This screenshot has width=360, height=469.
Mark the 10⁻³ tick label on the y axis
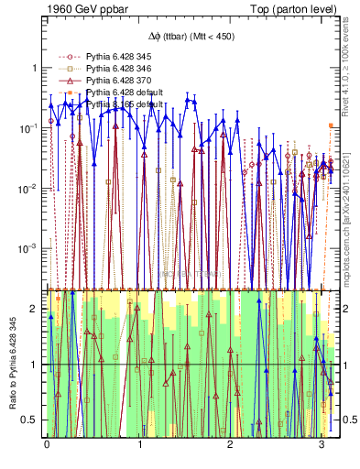(x=27, y=249)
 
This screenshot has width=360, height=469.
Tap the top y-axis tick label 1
(x=34, y=69)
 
